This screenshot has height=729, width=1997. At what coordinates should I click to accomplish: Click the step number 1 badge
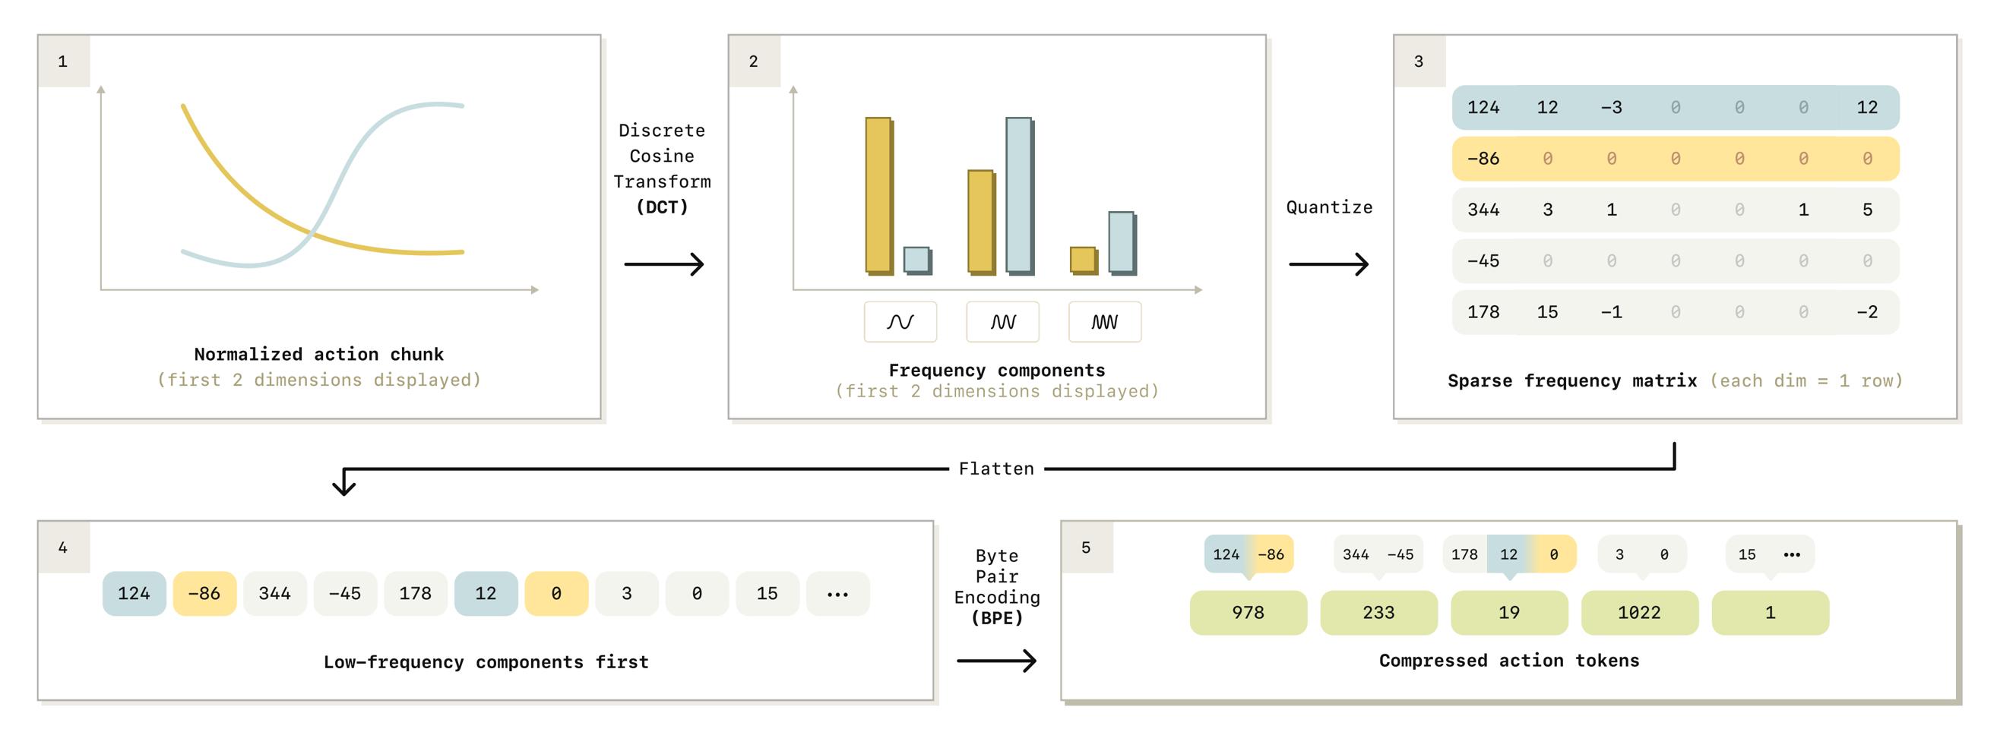click(63, 62)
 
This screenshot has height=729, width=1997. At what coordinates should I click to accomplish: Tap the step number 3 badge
click(1419, 62)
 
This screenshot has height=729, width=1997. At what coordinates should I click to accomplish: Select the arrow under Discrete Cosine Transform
click(663, 264)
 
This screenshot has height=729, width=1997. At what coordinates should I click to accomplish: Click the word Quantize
click(1329, 207)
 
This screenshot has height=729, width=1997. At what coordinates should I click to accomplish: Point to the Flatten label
click(996, 469)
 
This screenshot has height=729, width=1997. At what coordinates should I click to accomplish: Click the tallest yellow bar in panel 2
click(879, 195)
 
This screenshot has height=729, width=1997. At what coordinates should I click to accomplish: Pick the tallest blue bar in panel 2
click(1020, 195)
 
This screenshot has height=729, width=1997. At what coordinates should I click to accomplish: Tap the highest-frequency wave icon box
click(1105, 321)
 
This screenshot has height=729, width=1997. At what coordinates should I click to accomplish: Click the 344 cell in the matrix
click(1483, 209)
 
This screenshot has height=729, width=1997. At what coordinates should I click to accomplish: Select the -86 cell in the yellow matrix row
click(1483, 158)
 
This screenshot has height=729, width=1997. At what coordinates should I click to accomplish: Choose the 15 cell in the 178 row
click(1547, 311)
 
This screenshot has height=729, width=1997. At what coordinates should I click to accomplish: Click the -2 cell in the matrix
click(1867, 311)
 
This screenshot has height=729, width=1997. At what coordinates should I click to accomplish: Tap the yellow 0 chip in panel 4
click(555, 593)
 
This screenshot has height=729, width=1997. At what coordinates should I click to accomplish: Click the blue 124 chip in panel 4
click(134, 593)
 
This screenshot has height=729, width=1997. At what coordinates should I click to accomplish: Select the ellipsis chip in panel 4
click(837, 593)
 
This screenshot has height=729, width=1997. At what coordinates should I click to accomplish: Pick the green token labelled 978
click(1248, 612)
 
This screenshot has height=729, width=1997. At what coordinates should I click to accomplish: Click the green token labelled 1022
click(1640, 612)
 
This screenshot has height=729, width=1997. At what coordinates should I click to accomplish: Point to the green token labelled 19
click(1508, 612)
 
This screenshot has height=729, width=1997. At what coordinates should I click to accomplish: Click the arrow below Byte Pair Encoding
click(997, 661)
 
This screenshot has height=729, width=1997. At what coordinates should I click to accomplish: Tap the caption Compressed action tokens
click(1508, 660)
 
